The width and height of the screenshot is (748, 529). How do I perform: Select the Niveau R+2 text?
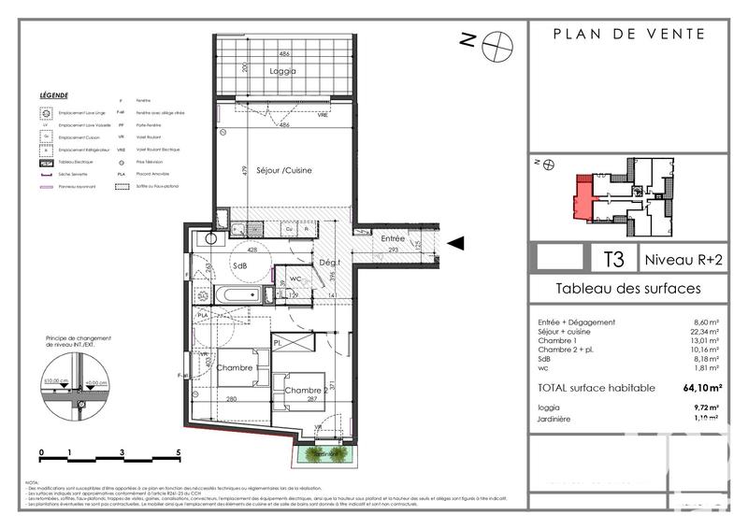pyautogui.click(x=683, y=257)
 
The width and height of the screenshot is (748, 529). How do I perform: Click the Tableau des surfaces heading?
pyautogui.click(x=627, y=289)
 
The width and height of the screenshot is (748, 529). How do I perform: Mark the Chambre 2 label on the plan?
pyautogui.click(x=306, y=390)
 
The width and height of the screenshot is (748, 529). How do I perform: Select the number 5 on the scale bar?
pyautogui.click(x=179, y=450)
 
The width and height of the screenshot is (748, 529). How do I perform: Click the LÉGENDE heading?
pyautogui.click(x=53, y=95)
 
